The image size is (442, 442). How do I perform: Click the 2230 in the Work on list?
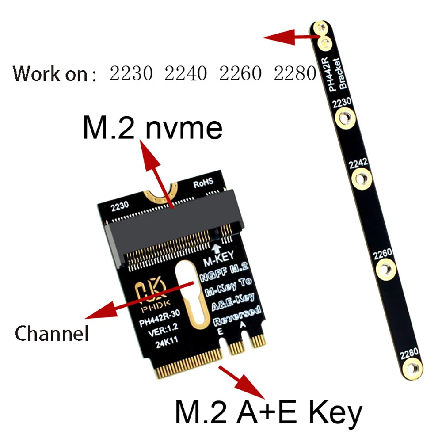pos(131,73)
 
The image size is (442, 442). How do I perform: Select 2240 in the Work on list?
pos(186,73)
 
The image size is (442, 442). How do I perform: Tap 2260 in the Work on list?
pos(240,73)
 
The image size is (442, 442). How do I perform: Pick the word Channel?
pos(52,333)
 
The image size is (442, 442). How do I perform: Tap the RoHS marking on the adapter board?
pos(203,182)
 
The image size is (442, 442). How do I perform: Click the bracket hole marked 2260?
pos(386,268)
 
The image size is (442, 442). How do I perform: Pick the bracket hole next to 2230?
pos(343,118)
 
